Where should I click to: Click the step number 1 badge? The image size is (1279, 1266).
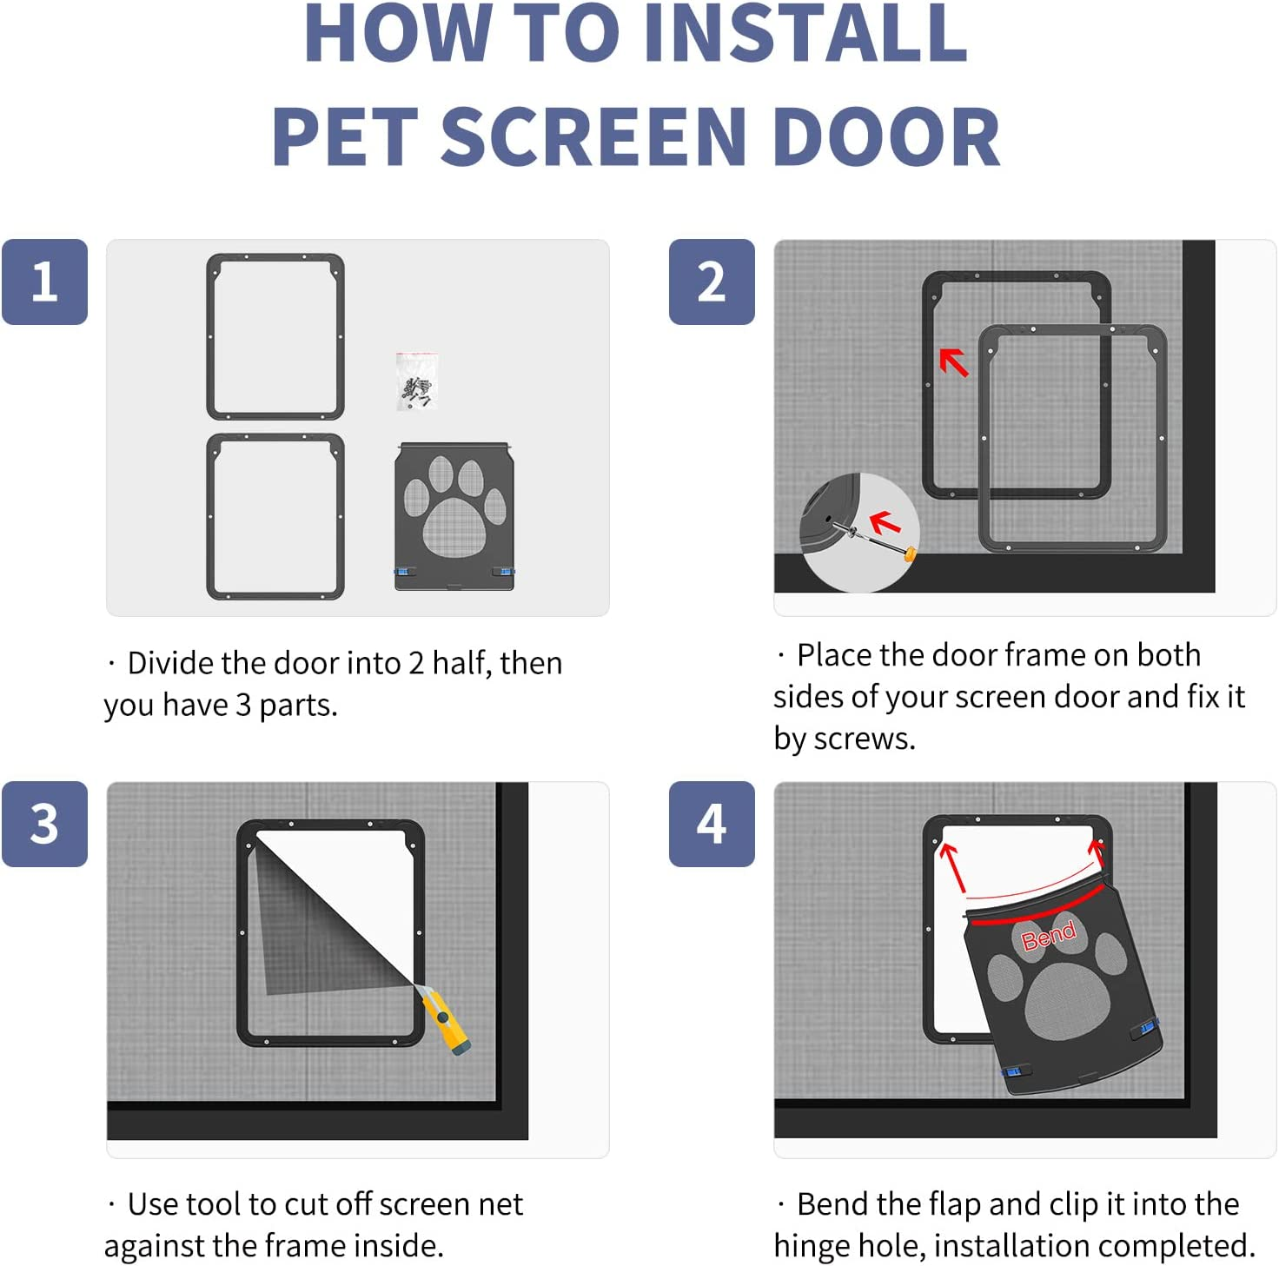[x=44, y=282]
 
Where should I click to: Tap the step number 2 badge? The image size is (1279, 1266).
[x=712, y=282]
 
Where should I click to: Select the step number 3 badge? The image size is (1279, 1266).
[x=44, y=824]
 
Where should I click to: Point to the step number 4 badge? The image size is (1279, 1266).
[x=712, y=824]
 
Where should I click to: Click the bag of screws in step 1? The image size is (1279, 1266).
[x=416, y=381]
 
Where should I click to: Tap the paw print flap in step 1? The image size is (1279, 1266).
[x=454, y=516]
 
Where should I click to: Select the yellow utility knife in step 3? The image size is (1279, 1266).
[x=445, y=1020]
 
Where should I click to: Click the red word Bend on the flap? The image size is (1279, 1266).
[x=1048, y=935]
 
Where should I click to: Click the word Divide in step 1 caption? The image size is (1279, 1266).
[x=171, y=664]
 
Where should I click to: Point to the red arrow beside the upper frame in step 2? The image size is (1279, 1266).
[x=954, y=361]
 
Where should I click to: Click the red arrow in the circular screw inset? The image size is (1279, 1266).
[x=885, y=522]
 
